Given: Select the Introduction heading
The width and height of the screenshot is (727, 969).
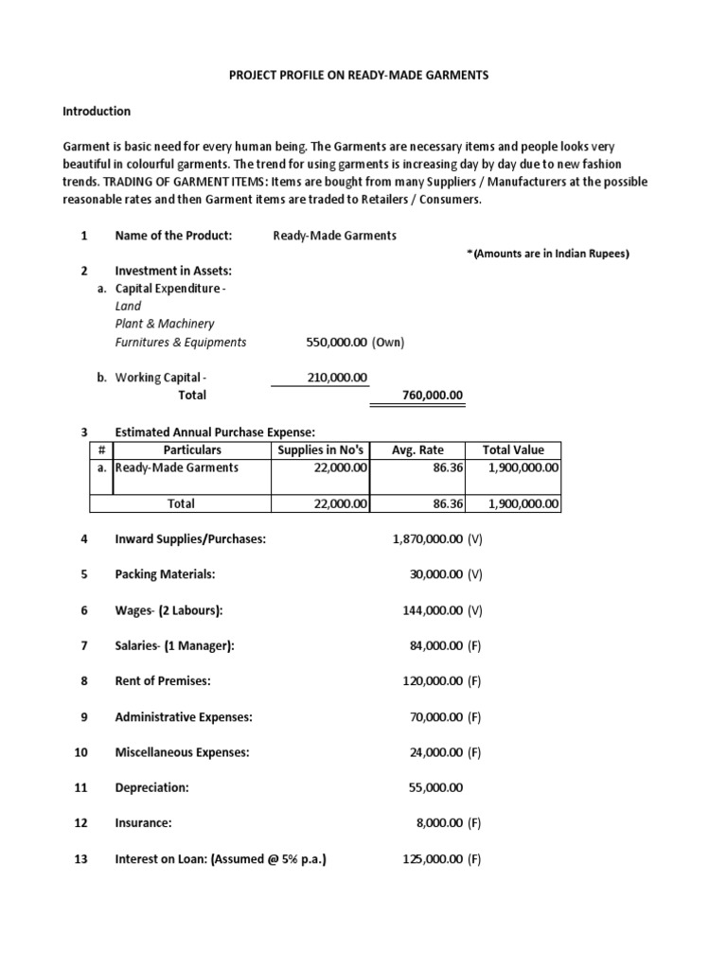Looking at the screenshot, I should pyautogui.click(x=97, y=112).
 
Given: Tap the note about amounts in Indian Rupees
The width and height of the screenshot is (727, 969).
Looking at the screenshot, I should pyautogui.click(x=548, y=254).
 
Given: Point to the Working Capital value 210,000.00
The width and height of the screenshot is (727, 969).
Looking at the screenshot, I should pyautogui.click(x=337, y=378).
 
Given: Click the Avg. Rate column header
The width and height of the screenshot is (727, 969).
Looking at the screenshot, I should pyautogui.click(x=417, y=449).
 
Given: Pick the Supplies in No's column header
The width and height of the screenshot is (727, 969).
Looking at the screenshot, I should pyautogui.click(x=320, y=449).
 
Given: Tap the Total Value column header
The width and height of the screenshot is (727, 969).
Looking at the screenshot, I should pyautogui.click(x=513, y=449).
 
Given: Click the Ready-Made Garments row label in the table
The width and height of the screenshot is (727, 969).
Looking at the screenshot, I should pyautogui.click(x=177, y=467).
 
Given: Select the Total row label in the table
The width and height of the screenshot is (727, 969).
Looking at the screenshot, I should pyautogui.click(x=181, y=504).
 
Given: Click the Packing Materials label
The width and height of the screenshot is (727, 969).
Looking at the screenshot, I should pyautogui.click(x=165, y=574).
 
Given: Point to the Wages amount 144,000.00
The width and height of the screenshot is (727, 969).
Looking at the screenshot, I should pyautogui.click(x=433, y=610).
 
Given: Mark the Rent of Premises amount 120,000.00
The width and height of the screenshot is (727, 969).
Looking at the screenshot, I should pyautogui.click(x=433, y=681).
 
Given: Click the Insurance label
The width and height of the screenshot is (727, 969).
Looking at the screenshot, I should pyautogui.click(x=143, y=823).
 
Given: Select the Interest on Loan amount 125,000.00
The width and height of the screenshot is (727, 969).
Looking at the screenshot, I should pyautogui.click(x=433, y=859).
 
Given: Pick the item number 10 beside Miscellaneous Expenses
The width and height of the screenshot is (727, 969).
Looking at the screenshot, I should pyautogui.click(x=80, y=752).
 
